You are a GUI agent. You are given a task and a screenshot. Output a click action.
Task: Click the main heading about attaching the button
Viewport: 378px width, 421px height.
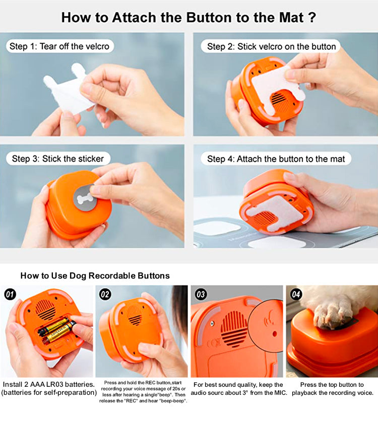[188, 17]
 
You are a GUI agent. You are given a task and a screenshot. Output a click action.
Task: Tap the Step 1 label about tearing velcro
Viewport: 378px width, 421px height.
[59, 46]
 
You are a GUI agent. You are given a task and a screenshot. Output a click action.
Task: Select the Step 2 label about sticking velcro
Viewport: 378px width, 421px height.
[271, 46]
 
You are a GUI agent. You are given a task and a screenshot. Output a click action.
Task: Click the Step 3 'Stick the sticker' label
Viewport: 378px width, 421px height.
[58, 159]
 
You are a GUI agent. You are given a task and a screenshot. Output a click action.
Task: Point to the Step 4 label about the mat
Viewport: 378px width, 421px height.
[276, 159]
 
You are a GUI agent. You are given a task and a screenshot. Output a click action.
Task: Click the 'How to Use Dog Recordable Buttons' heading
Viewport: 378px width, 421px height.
[95, 275]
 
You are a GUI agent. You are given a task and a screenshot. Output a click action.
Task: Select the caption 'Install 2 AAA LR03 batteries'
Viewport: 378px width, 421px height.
[49, 384]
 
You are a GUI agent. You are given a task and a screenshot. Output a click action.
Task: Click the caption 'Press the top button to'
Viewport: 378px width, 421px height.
[332, 384]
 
